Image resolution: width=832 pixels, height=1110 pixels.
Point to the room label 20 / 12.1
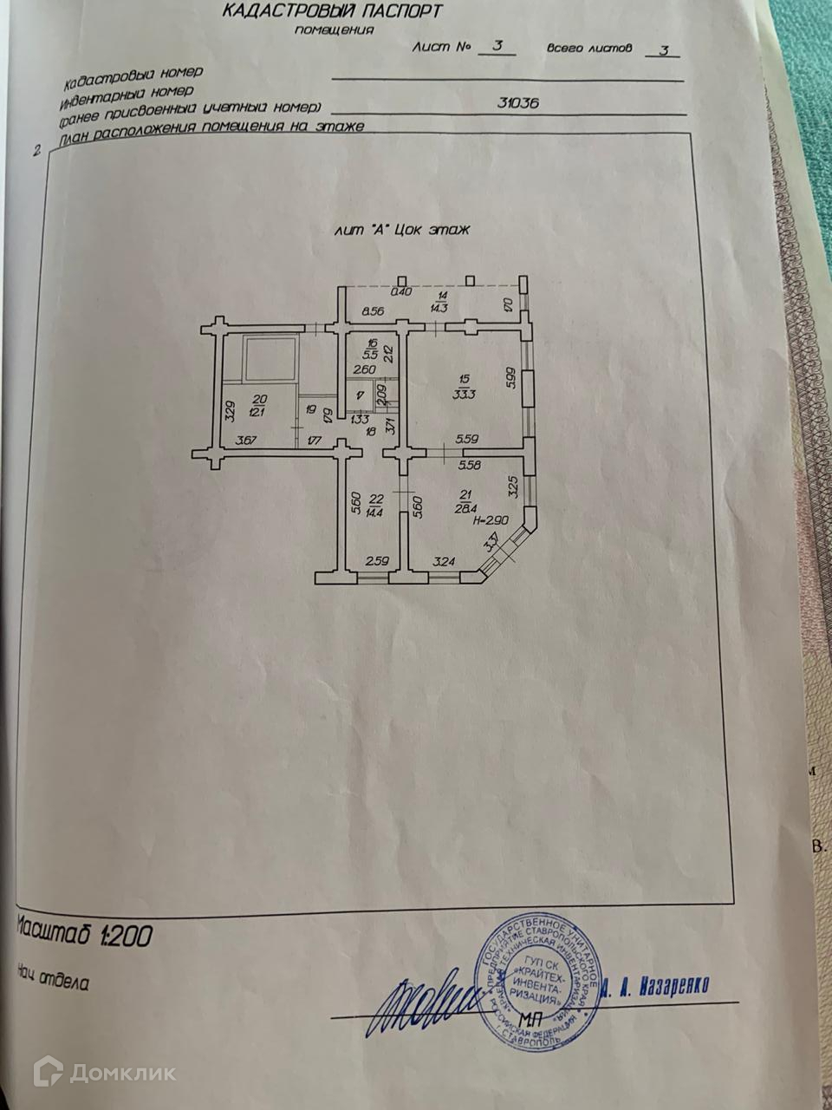click(258, 405)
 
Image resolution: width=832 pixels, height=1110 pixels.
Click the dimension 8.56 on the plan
click(374, 310)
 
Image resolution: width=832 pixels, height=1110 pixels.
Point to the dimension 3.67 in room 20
click(248, 440)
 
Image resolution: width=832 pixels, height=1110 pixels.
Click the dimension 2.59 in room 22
click(376, 562)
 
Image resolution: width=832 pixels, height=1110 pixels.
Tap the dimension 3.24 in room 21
click(442, 562)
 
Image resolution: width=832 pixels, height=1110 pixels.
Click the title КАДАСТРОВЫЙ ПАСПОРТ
click(332, 11)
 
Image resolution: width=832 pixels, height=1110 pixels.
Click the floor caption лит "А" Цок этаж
click(400, 231)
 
